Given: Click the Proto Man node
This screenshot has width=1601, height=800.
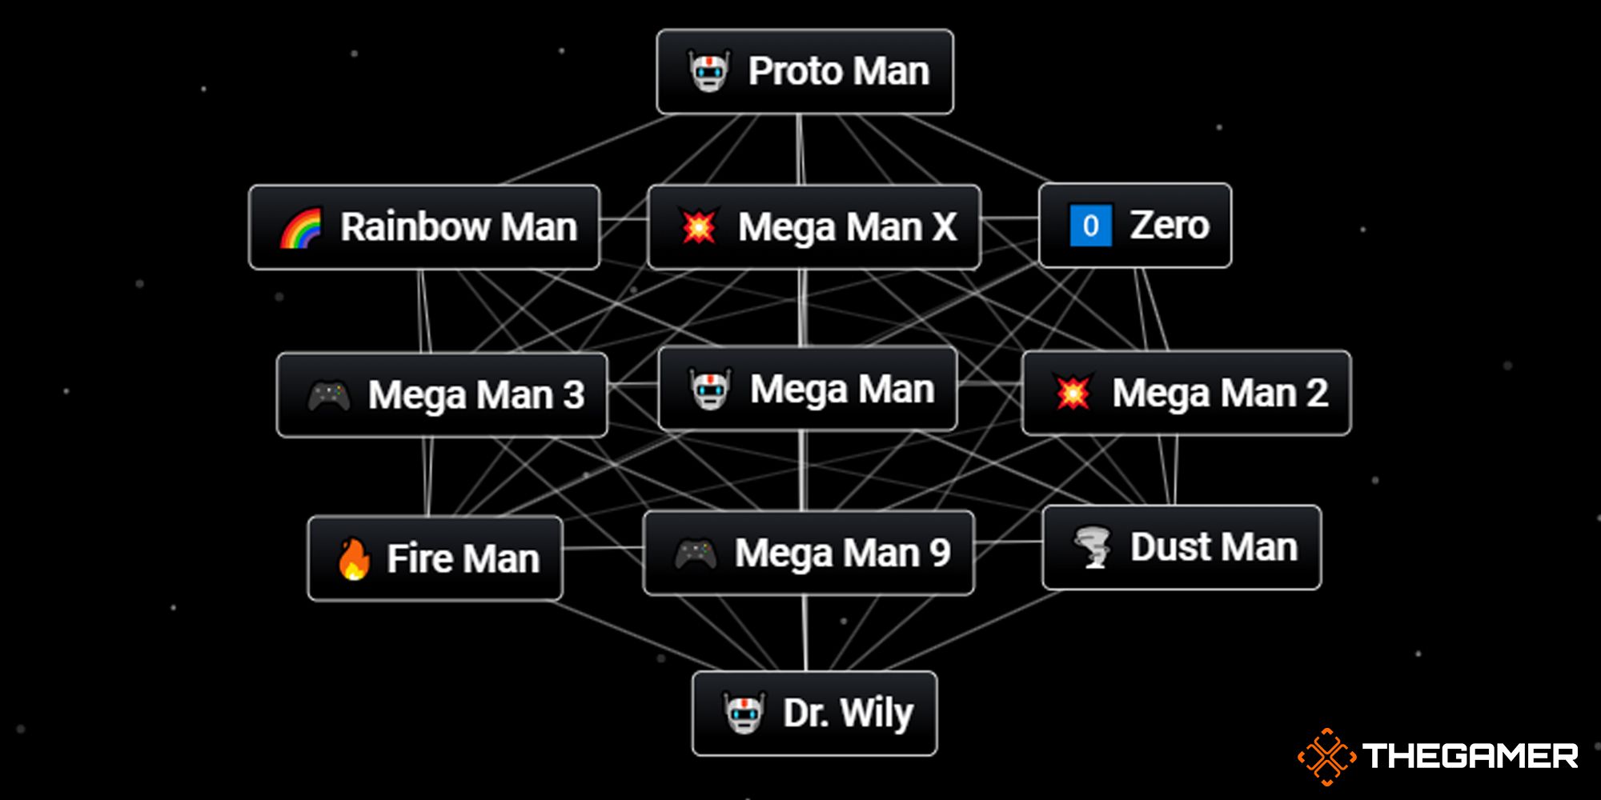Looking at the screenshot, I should [x=805, y=72].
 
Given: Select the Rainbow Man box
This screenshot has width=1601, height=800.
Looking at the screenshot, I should [x=424, y=227].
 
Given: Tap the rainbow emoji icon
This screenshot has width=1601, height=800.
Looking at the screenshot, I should [x=301, y=228].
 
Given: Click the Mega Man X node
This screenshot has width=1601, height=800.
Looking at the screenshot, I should [x=813, y=227].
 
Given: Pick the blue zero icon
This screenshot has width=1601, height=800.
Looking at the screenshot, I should [x=1090, y=226].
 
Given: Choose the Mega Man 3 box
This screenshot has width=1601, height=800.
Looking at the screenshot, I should [x=442, y=394].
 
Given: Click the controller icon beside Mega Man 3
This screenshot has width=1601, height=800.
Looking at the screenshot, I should [x=329, y=395].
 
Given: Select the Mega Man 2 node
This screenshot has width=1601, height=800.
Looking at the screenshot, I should [x=1186, y=393].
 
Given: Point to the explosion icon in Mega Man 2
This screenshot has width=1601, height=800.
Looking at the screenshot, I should [x=1073, y=393].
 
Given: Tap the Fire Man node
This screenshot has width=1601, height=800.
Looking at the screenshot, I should [x=435, y=558].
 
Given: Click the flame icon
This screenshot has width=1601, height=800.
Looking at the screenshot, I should [x=353, y=558].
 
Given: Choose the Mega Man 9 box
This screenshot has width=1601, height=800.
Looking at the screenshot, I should [x=809, y=553].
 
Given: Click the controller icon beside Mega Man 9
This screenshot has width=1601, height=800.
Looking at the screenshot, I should [x=695, y=554].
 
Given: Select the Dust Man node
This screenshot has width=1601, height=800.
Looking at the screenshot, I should [x=1182, y=547].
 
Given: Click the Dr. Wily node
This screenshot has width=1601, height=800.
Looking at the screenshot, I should [x=814, y=713].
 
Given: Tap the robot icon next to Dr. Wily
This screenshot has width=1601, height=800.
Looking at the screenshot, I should [x=744, y=713].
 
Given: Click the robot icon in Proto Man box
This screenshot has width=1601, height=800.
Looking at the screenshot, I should [x=709, y=71].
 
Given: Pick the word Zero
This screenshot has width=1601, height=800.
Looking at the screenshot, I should [x=1169, y=226].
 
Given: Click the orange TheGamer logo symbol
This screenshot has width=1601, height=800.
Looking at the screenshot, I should [x=1326, y=756].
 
